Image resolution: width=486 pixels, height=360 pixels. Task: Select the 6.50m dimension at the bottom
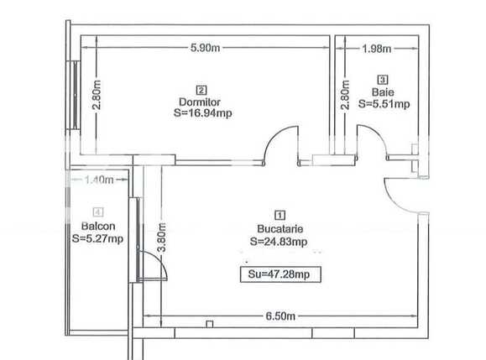pos(280,316)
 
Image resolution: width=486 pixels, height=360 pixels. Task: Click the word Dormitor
pos(200,102)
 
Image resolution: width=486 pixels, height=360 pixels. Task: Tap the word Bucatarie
pos(280,227)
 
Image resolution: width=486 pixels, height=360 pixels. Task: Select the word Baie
pos(383,92)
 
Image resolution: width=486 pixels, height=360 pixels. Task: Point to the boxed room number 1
pos(280,214)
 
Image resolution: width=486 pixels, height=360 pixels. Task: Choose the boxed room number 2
pos(201,90)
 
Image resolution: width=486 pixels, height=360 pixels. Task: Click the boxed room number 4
pos(98,212)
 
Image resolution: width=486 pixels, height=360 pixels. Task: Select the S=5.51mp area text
pos(384,105)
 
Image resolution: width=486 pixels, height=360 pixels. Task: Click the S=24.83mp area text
pos(279,242)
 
